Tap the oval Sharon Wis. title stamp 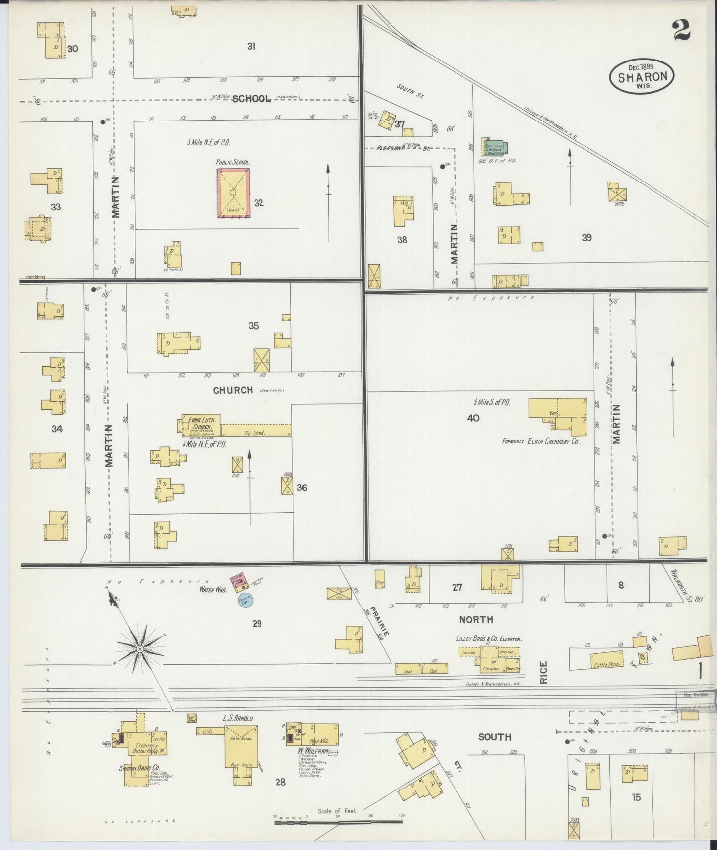(642, 76)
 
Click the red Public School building (233, 192)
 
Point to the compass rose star (140, 648)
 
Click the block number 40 (473, 418)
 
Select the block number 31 (251, 46)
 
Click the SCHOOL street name (252, 98)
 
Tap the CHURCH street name (233, 390)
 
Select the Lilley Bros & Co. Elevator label (489, 639)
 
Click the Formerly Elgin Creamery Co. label (540, 440)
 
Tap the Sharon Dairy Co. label (139, 768)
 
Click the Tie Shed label (255, 433)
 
